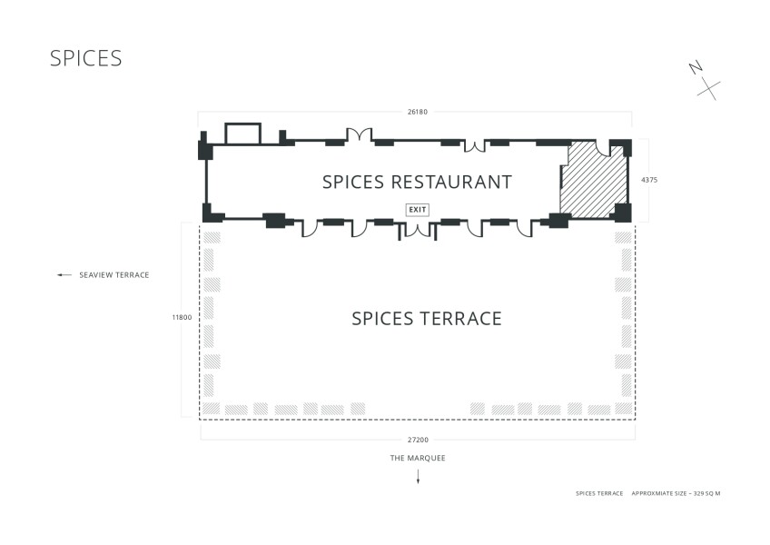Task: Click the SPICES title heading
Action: pyautogui.click(x=86, y=58)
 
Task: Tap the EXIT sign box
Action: pyautogui.click(x=418, y=210)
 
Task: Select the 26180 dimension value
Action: pyautogui.click(x=418, y=112)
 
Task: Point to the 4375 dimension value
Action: pyautogui.click(x=649, y=180)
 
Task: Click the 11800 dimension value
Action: pyautogui.click(x=182, y=318)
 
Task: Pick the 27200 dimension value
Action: pyautogui.click(x=418, y=440)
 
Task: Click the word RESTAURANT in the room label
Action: pyautogui.click(x=451, y=183)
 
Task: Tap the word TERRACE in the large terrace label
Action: pyautogui.click(x=460, y=319)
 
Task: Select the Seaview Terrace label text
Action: pyautogui.click(x=114, y=275)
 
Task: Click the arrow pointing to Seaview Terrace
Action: pyautogui.click(x=64, y=275)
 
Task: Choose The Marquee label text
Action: pyautogui.click(x=418, y=458)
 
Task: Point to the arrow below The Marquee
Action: pyautogui.click(x=418, y=476)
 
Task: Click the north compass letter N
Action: pyautogui.click(x=696, y=68)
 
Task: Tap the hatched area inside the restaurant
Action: pyautogui.click(x=593, y=181)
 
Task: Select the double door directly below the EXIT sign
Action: pyautogui.click(x=418, y=231)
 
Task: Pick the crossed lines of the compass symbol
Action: pyautogui.click(x=708, y=91)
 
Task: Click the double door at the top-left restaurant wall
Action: pyautogui.click(x=360, y=134)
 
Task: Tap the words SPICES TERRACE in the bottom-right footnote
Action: pyautogui.click(x=599, y=493)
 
